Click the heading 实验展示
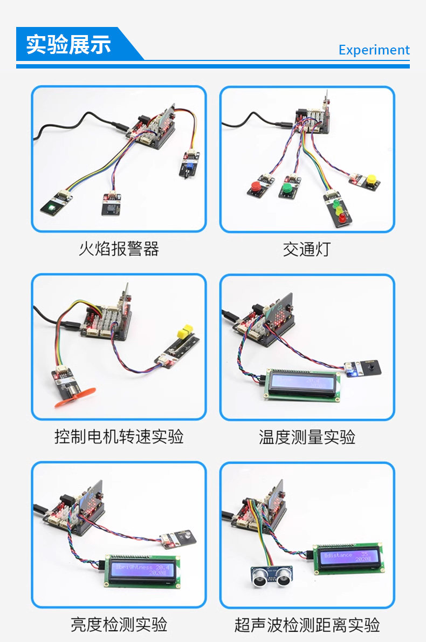(x=68, y=44)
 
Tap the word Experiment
(x=374, y=50)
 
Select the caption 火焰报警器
(x=119, y=249)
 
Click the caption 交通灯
(x=306, y=249)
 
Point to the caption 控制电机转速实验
(x=119, y=436)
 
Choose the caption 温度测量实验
(x=306, y=436)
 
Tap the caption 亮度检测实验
(x=119, y=624)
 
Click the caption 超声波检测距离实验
(x=307, y=625)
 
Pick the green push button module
(x=287, y=188)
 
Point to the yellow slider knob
(x=186, y=329)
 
